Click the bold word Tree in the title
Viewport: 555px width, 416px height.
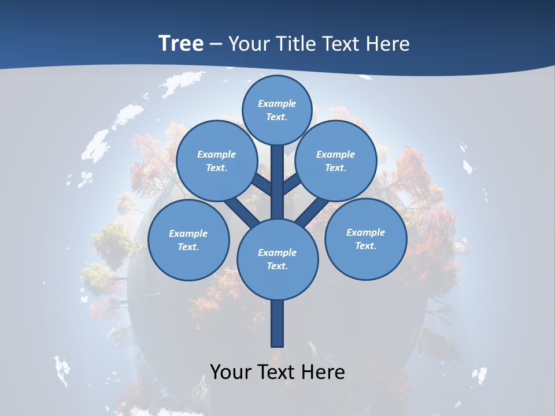[181, 43]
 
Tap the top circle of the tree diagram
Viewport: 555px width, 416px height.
[277, 110]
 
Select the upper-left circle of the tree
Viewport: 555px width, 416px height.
[216, 161]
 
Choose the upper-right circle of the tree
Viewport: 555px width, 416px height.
[335, 161]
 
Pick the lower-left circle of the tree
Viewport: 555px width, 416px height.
[188, 240]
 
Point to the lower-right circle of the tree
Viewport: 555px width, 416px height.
[365, 239]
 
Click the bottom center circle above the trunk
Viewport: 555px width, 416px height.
[277, 259]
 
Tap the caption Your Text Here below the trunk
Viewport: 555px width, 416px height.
[277, 372]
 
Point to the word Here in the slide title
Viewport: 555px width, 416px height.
[388, 43]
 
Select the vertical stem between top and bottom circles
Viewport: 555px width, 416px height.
[277, 185]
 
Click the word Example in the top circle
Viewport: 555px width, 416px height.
[277, 103]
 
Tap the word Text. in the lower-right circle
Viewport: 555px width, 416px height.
[365, 246]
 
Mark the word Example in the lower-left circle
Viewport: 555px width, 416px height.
[188, 233]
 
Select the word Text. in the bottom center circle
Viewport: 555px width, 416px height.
[277, 266]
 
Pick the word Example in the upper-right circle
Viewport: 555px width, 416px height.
[335, 154]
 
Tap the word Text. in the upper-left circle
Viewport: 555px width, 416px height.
[216, 168]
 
